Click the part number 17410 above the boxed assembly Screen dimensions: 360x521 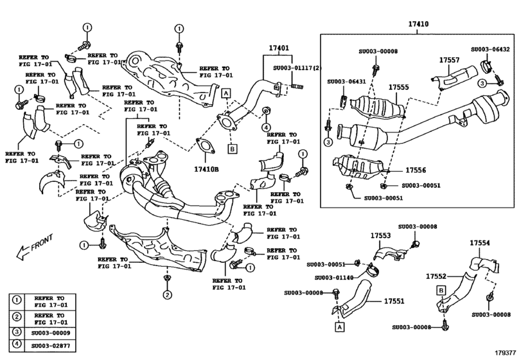click(418, 25)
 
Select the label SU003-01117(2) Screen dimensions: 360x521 click(297, 67)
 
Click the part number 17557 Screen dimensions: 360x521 click(449, 60)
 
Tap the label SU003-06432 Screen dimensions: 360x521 click(490, 49)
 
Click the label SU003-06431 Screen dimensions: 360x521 click(346, 82)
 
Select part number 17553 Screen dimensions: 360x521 click(380, 236)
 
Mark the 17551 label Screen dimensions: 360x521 click(394, 300)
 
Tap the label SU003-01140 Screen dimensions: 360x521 click(334, 278)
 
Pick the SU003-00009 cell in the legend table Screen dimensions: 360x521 click(53, 333)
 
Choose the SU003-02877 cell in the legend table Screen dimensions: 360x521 click(53, 346)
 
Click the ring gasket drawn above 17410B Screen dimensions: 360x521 click(204, 148)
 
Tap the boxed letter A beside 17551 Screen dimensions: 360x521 click(337, 327)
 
